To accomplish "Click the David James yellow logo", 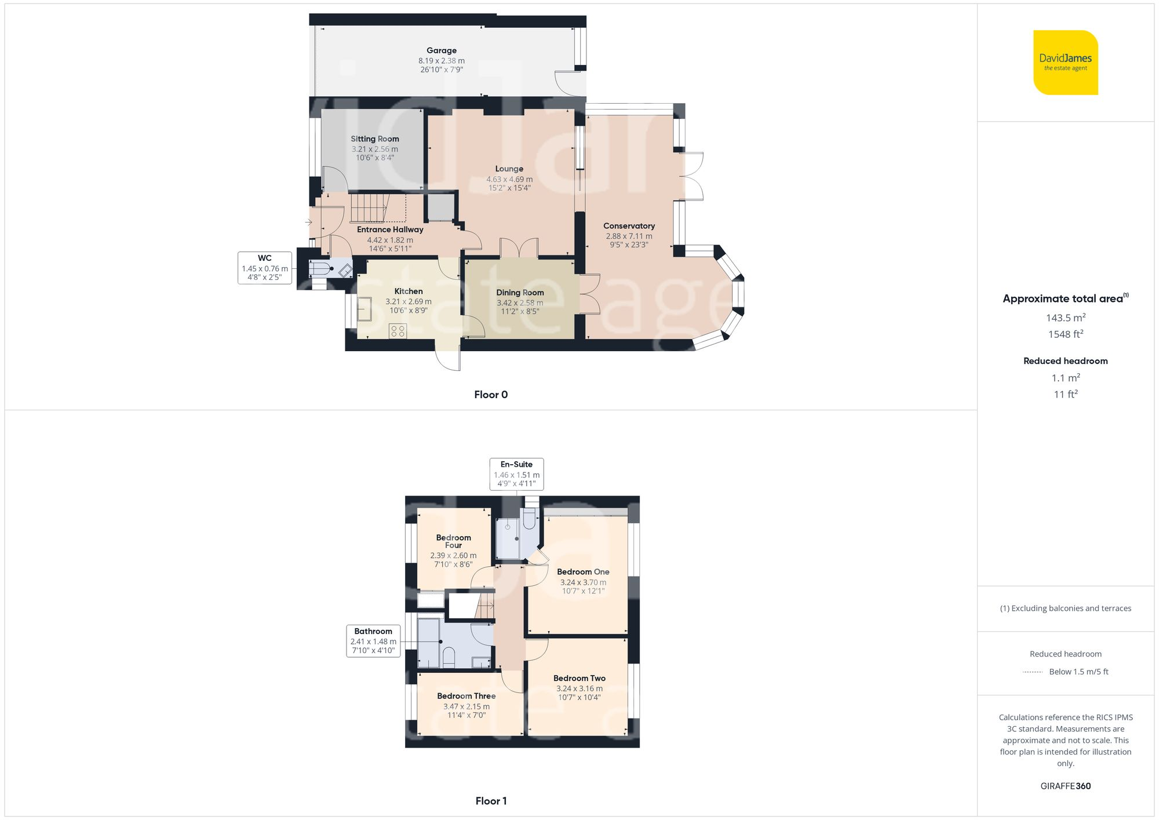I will coord(1065,63).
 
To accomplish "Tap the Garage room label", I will coord(442,50).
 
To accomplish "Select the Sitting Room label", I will coord(375,139).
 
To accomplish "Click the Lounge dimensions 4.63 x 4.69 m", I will coord(509,179).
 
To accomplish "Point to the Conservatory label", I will coord(629,226).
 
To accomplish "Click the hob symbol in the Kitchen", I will coord(398,331).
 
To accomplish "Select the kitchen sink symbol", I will coord(365,309).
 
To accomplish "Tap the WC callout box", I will coord(265,268).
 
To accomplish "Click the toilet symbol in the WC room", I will coord(320,269).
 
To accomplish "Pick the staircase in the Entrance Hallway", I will coord(369,208).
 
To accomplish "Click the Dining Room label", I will coord(520,293).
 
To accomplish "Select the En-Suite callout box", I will coord(516,473).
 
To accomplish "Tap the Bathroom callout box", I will coord(373,640).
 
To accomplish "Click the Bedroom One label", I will coord(583,571).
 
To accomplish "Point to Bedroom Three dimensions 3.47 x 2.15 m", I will coord(466,706).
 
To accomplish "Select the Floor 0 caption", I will coord(491,395).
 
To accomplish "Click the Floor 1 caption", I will coord(491,801).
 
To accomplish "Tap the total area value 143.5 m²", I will coord(1065,318).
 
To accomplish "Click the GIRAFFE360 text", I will coord(1065,786).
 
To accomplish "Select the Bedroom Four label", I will coord(453,541).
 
